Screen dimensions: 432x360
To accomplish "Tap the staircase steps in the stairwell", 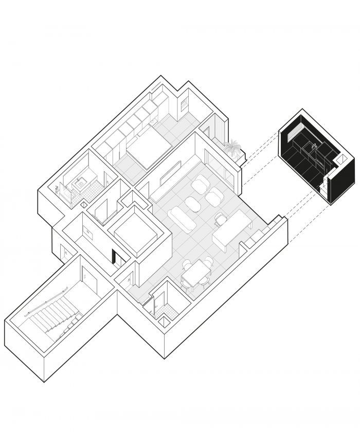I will click(x=51, y=319).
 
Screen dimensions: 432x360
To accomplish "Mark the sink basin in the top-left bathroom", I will click(x=79, y=182).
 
